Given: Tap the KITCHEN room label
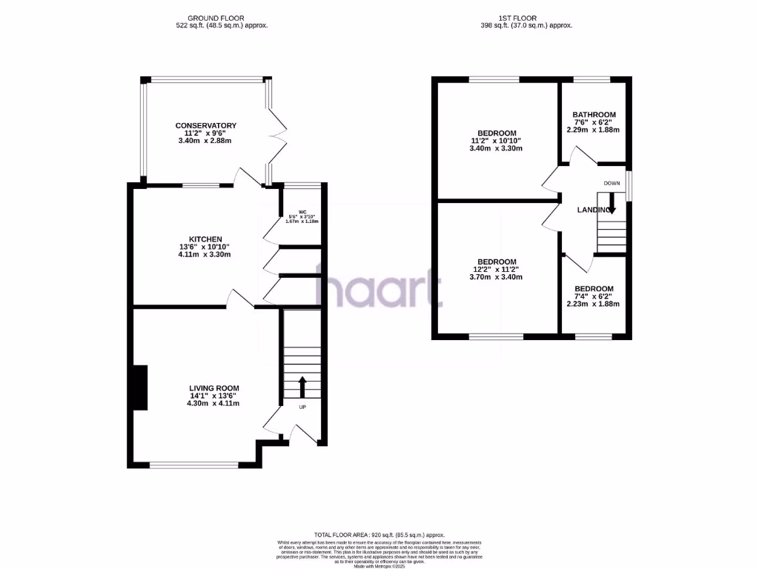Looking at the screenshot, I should (x=205, y=239).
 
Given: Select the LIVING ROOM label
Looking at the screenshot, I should (x=213, y=387).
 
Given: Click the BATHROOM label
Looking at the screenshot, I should (x=594, y=115).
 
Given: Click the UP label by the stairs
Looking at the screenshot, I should (x=302, y=407).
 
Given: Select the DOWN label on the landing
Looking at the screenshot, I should (x=611, y=183).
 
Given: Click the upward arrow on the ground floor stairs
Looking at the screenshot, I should (x=302, y=387).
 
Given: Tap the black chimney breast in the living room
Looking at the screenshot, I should (x=139, y=387).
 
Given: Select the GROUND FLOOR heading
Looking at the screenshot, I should (x=216, y=18).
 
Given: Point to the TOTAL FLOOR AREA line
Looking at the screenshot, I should (x=379, y=534).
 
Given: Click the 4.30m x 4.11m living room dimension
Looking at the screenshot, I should (x=213, y=404).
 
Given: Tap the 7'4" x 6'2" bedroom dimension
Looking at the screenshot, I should (x=594, y=296).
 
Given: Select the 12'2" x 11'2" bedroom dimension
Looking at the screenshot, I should (x=496, y=270).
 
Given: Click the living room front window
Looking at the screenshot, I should (x=194, y=465).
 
